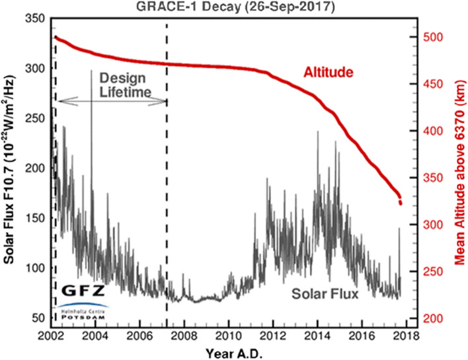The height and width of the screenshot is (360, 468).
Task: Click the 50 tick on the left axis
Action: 38,318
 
